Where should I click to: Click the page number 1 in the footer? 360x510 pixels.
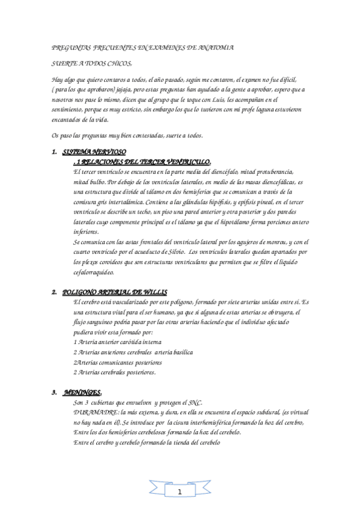pos(179,491)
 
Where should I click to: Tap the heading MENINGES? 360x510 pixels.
pos(81,392)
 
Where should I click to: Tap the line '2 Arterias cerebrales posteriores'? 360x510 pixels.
pos(114,372)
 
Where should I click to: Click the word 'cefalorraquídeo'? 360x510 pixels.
pos(93,272)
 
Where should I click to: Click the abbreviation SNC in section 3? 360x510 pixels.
pos(194,402)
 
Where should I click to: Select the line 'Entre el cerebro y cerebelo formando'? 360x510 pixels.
pos(147,443)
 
